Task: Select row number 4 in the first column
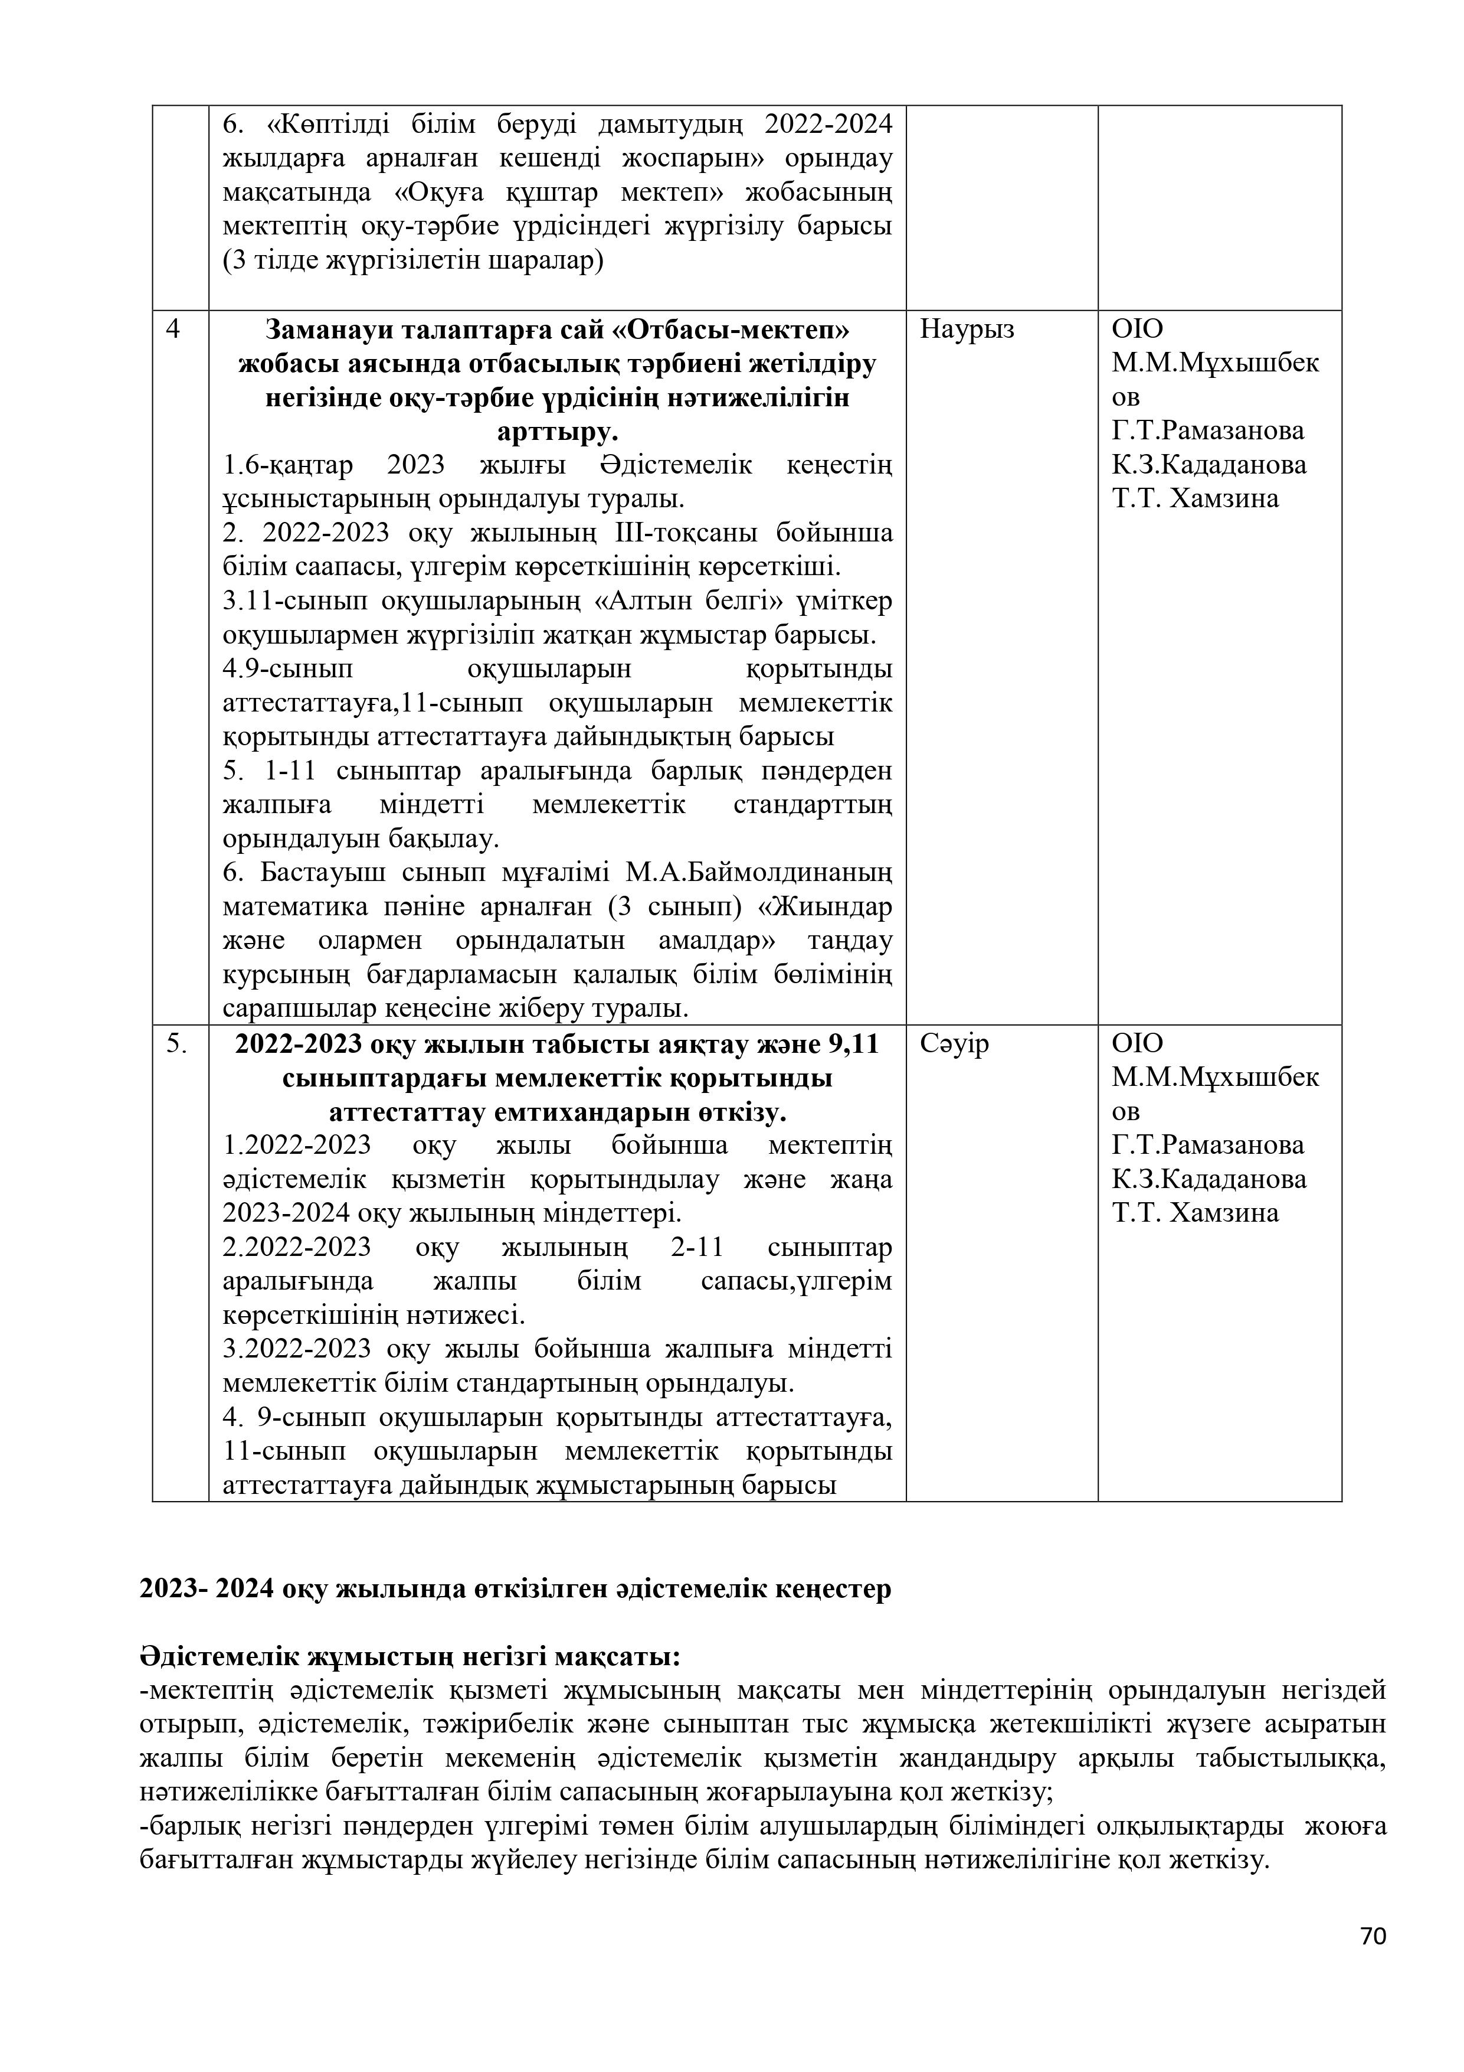[173, 329]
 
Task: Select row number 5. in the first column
[177, 1043]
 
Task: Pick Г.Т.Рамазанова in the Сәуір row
[1208, 1145]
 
